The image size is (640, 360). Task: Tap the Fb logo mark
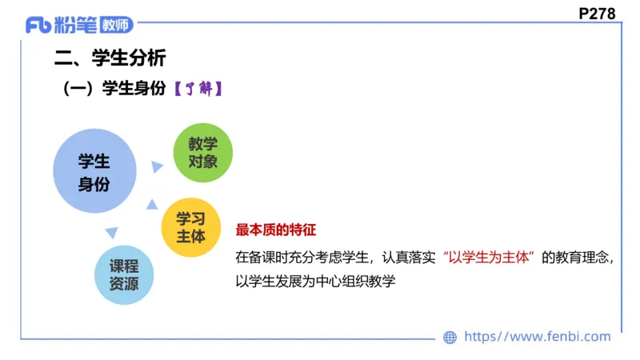pyautogui.click(x=39, y=26)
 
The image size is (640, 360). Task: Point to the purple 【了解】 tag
pyautogui.click(x=198, y=90)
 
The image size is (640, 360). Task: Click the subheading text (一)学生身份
pyautogui.click(x=114, y=90)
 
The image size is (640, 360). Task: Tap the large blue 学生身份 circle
pyautogui.click(x=94, y=172)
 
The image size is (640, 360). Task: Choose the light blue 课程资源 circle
pyautogui.click(x=125, y=274)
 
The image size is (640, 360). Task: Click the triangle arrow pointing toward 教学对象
pyautogui.click(x=158, y=166)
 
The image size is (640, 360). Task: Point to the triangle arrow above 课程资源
pyautogui.click(x=112, y=233)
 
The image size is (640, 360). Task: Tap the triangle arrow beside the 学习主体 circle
pyautogui.click(x=152, y=205)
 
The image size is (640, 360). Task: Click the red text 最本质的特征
pyautogui.click(x=276, y=230)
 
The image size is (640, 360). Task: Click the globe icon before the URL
pyautogui.click(x=450, y=338)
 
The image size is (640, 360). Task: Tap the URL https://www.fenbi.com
pyautogui.click(x=537, y=337)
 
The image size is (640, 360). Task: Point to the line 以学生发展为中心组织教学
pyautogui.click(x=316, y=281)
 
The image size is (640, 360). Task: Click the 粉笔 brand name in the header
pyautogui.click(x=76, y=26)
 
